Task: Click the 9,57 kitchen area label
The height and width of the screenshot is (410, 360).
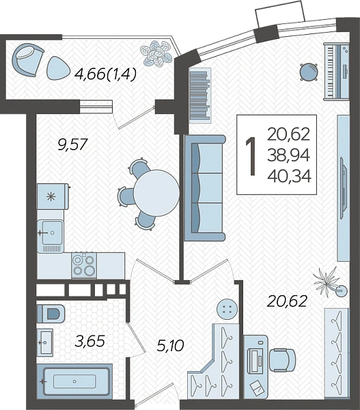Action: point(72,145)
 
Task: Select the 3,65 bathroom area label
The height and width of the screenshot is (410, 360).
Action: point(89,341)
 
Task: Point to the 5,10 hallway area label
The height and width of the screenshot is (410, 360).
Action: point(171,345)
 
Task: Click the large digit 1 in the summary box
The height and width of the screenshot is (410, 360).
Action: point(251,156)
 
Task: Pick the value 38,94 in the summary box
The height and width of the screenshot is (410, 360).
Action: point(289,155)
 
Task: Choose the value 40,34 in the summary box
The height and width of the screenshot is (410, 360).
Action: point(289,176)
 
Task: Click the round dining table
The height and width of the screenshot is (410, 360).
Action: point(156,193)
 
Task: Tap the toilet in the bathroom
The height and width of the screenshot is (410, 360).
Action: point(51,313)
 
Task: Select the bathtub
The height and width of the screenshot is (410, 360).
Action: point(74,381)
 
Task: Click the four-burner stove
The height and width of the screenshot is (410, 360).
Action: point(84,265)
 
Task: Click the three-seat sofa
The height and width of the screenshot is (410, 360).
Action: point(204,187)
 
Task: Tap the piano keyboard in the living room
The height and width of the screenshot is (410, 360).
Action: point(337,71)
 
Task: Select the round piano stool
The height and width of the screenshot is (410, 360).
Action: point(309,72)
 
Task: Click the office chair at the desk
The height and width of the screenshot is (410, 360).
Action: point(282,359)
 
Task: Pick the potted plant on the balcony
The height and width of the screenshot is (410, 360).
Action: point(156,53)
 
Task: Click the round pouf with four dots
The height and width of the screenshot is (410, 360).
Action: point(227,309)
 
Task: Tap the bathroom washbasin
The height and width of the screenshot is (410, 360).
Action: point(44,342)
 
